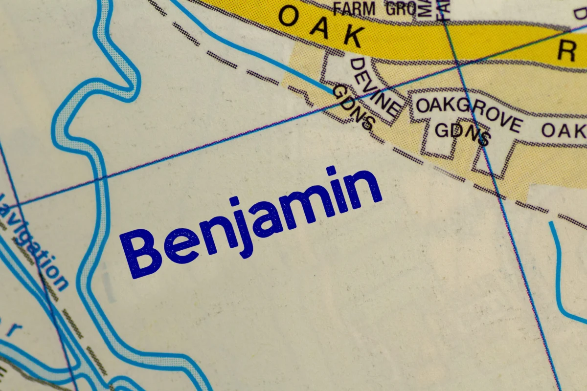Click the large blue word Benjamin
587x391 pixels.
[252, 222]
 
